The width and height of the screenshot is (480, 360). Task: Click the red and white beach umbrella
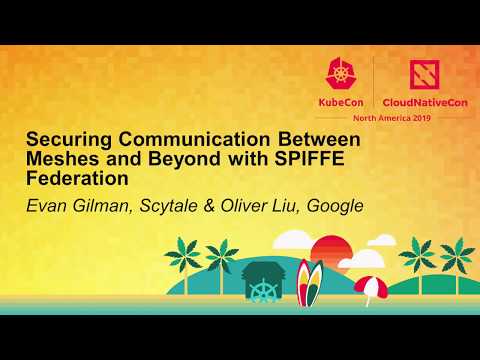pos(369,287)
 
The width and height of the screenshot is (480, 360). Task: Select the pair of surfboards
pos(311,287)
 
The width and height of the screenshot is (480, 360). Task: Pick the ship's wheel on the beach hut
pos(263,291)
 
